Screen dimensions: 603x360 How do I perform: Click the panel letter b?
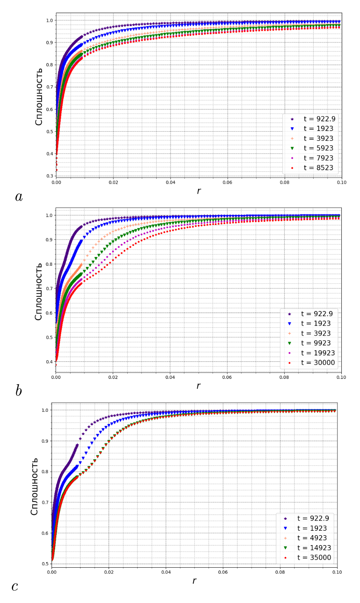19,391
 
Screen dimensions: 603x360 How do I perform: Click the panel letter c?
15,586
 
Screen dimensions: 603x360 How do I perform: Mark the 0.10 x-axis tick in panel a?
341,182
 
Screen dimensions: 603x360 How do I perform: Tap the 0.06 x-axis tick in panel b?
227,377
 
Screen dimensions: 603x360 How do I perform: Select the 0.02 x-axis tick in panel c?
109,572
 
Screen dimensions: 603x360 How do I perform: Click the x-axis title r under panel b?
198,386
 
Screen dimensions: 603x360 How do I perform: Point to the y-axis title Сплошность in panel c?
34,486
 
